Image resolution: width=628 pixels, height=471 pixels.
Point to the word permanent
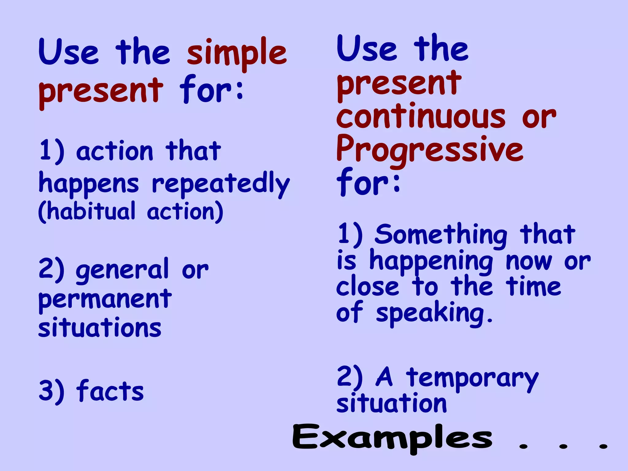click(x=105, y=299)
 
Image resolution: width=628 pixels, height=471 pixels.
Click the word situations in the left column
click(x=100, y=327)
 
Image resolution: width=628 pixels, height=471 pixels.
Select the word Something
click(x=441, y=235)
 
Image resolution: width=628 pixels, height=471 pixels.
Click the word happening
click(x=431, y=261)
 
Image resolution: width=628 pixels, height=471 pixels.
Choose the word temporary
click(x=472, y=379)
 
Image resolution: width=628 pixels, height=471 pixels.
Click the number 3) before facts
click(x=52, y=391)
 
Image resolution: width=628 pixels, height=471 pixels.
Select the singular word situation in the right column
click(x=392, y=403)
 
